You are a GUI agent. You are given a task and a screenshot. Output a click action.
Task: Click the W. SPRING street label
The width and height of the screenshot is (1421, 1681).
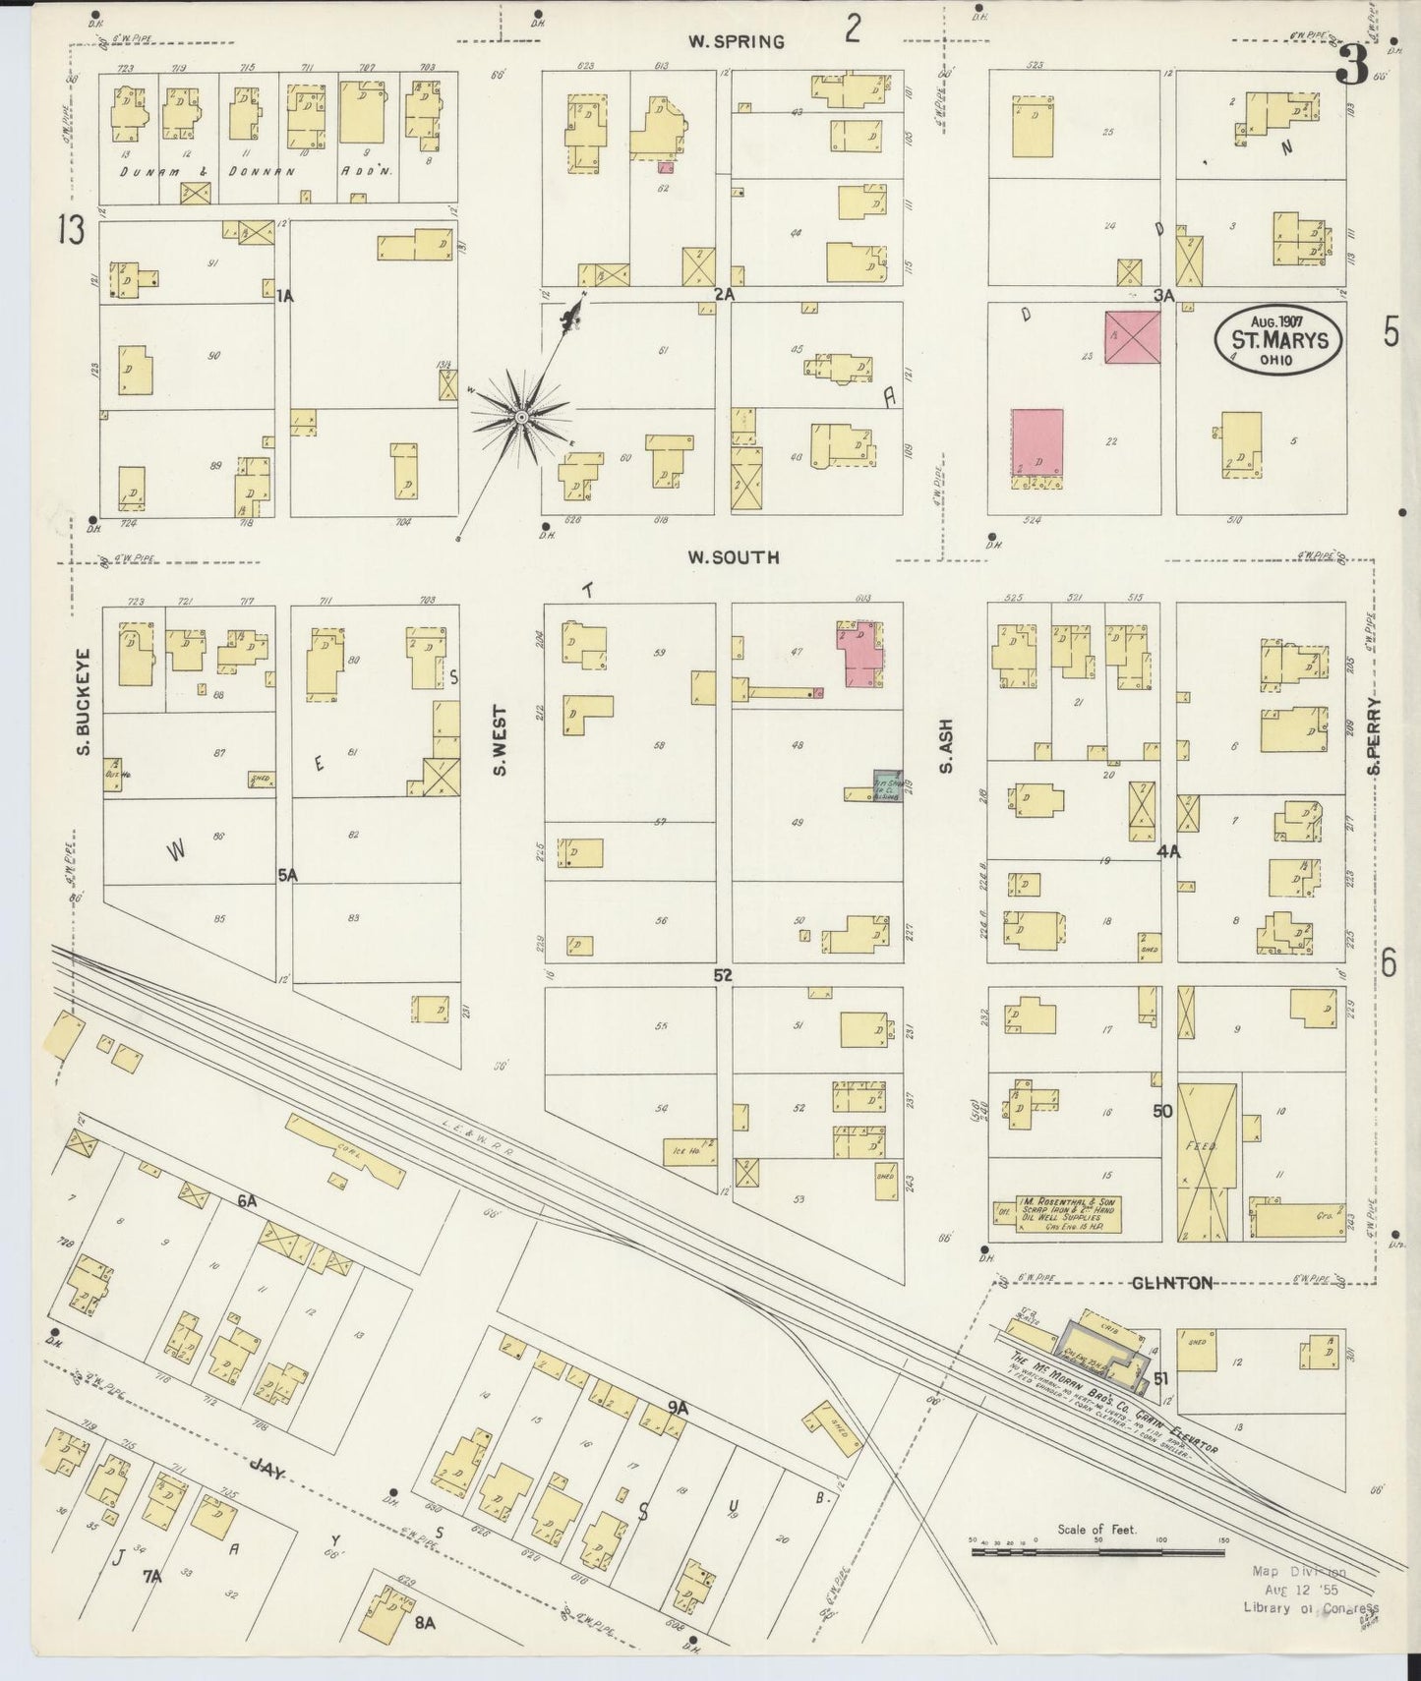(x=736, y=41)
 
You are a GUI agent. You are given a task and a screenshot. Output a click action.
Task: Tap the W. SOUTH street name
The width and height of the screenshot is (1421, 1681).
(x=734, y=557)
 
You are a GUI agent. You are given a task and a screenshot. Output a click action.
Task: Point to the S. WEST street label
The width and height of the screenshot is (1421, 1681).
(x=500, y=739)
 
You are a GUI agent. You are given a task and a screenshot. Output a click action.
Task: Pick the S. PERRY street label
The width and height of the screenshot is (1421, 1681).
(x=1374, y=735)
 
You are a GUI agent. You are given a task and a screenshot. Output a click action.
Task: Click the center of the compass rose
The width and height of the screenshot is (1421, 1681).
(x=521, y=418)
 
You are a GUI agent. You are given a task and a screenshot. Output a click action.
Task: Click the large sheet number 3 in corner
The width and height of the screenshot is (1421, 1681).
(x=1353, y=67)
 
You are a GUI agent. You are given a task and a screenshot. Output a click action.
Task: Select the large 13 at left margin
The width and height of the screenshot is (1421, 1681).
(x=72, y=231)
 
